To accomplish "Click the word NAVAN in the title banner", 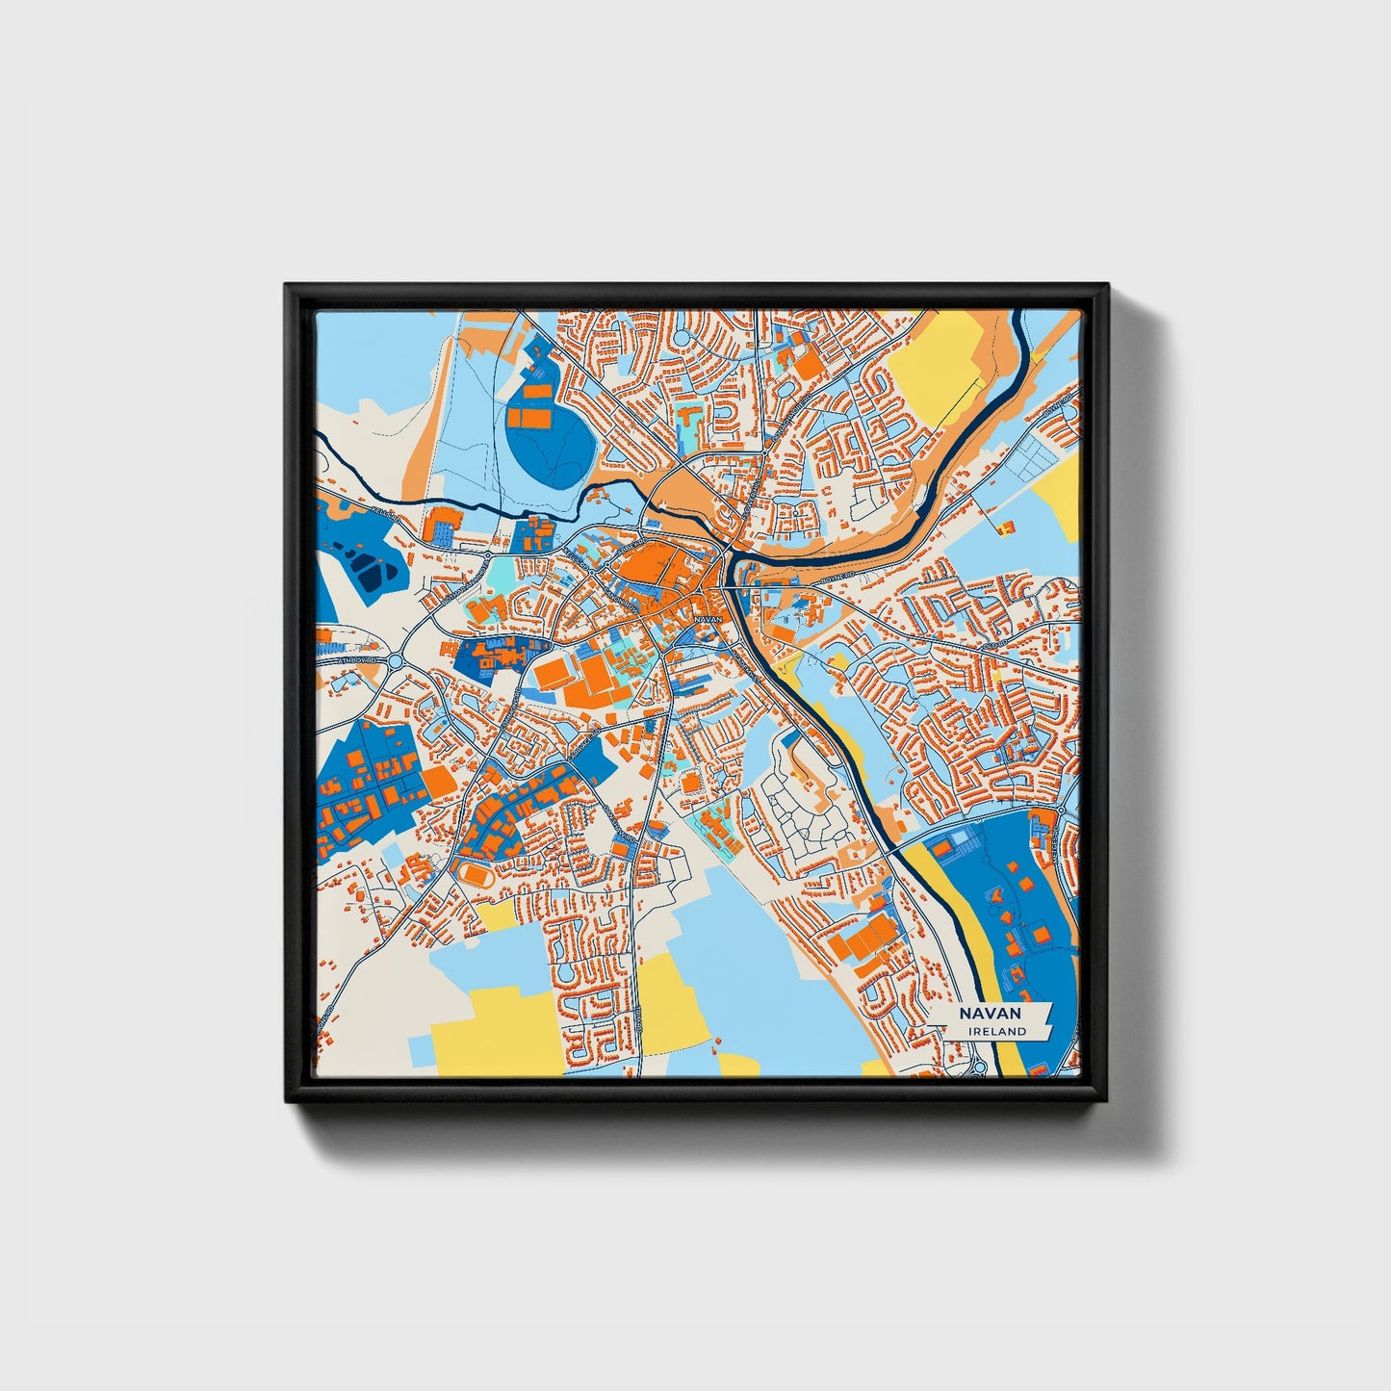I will (989, 1014).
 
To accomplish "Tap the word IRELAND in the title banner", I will (997, 1031).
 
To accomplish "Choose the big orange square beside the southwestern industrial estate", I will (438, 781).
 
